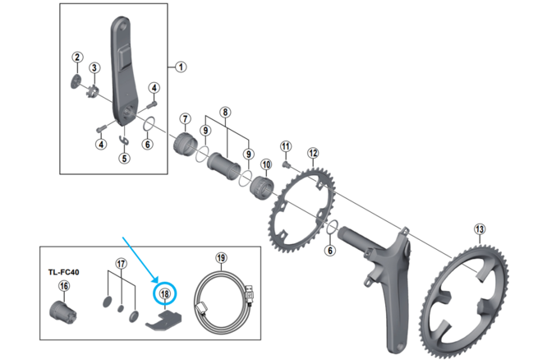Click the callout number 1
click(x=182, y=67)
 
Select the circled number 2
click(x=77, y=57)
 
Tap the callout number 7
click(x=186, y=119)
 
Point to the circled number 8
click(x=223, y=113)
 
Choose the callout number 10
click(x=266, y=164)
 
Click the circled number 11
click(x=286, y=147)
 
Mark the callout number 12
click(x=312, y=154)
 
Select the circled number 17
click(x=121, y=264)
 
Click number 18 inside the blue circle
click(x=165, y=293)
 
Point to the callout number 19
click(x=220, y=257)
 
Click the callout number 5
click(x=124, y=158)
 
